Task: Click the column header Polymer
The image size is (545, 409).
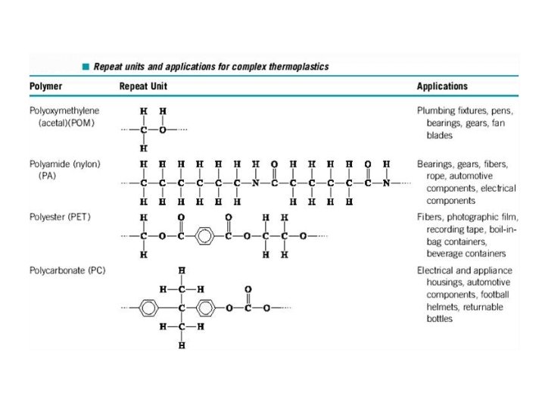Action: (x=46, y=86)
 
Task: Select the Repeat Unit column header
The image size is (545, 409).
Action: (x=143, y=86)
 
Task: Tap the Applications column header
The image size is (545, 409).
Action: (x=442, y=86)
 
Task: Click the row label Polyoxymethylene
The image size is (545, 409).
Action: (x=64, y=111)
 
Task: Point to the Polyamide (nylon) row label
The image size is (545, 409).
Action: (x=64, y=164)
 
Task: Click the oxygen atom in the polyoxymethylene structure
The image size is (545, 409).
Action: (x=162, y=130)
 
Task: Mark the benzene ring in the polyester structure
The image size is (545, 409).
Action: (x=205, y=236)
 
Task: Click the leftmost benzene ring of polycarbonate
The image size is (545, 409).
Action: (x=149, y=308)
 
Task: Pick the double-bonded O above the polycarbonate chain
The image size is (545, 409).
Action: (x=248, y=289)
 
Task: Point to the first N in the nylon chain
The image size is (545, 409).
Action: (x=255, y=183)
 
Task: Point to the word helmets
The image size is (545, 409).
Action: (x=442, y=308)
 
